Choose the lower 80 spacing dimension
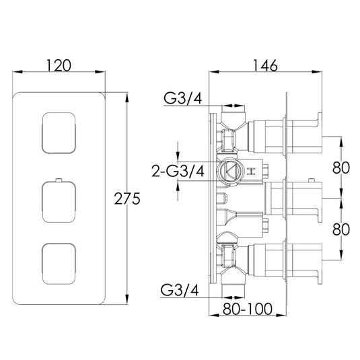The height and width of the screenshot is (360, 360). [x=341, y=229]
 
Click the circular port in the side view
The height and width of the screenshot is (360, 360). [x=231, y=171]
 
